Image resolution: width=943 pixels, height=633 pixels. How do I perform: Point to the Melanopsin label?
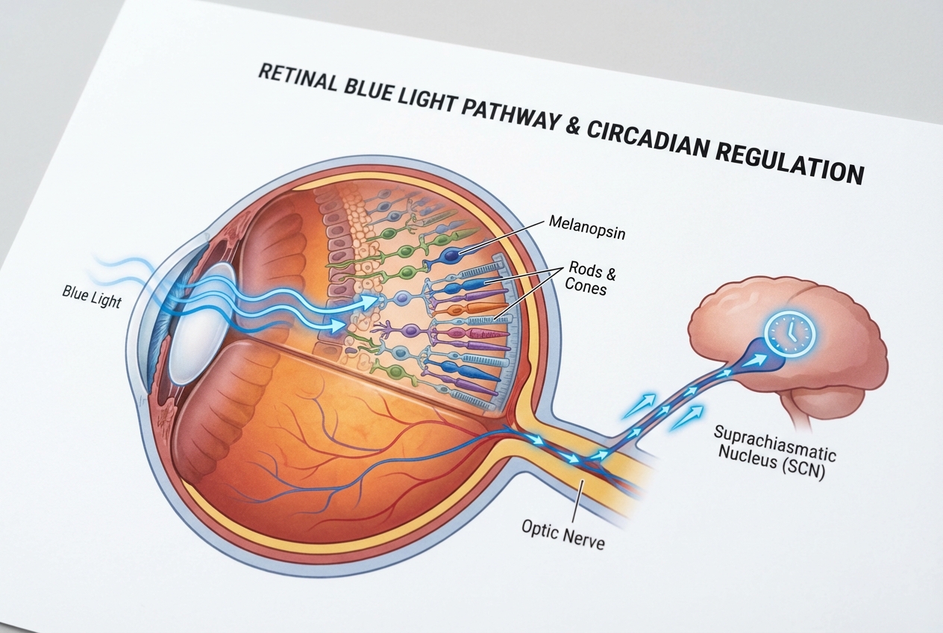[x=586, y=224]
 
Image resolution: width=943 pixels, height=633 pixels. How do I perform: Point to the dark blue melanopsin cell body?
[x=452, y=254]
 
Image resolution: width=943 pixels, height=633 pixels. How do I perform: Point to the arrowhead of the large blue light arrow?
[x=369, y=302]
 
